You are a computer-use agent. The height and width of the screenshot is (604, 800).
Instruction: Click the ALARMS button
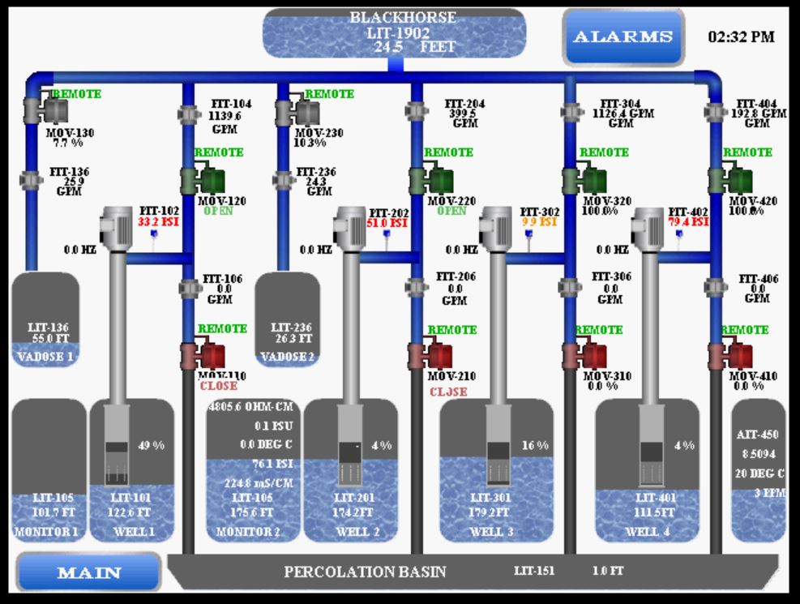pyautogui.click(x=622, y=36)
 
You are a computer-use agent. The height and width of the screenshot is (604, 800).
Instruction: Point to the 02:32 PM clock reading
pyautogui.click(x=741, y=36)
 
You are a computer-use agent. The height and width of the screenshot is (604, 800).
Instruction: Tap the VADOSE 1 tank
pyautogui.click(x=45, y=319)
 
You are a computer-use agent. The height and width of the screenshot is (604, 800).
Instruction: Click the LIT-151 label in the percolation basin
pyautogui.click(x=534, y=572)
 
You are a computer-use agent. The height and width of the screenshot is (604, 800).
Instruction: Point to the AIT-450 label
pyautogui.click(x=758, y=435)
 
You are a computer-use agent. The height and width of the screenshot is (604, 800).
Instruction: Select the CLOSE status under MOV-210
pyautogui.click(x=448, y=392)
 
